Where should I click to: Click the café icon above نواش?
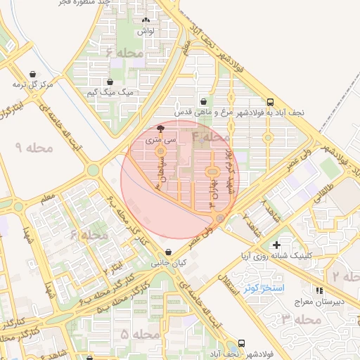tap(146, 20)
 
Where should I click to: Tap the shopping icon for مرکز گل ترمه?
tap(33, 74)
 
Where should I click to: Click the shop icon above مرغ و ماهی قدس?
tap(203, 101)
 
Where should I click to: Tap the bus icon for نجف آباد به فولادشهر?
tap(271, 101)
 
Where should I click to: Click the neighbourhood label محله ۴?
tap(211, 136)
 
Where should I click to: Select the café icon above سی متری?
tap(160, 129)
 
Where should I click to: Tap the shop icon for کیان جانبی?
tap(167, 252)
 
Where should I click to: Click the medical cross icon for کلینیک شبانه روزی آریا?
tap(277, 245)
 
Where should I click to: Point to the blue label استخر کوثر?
tap(263, 288)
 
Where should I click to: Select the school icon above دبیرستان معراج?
tap(319, 290)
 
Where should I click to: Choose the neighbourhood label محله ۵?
tap(134, 334)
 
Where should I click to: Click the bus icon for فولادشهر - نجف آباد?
tap(241, 343)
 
